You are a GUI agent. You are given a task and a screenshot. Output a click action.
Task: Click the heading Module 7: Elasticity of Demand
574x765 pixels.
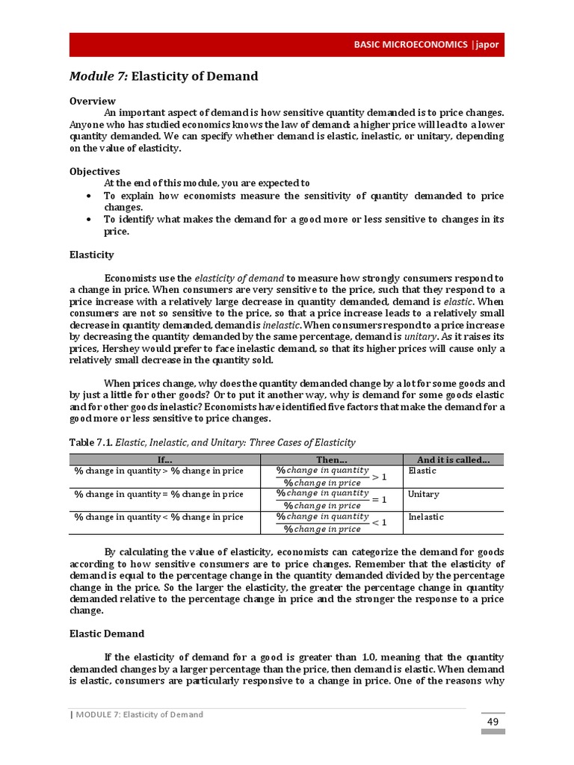(164, 76)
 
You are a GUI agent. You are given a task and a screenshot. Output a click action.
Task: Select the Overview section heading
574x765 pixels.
(93, 101)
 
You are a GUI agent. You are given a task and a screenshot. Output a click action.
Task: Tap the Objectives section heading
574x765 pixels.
(95, 171)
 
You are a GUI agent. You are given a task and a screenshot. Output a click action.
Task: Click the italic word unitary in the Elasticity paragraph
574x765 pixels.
(419, 337)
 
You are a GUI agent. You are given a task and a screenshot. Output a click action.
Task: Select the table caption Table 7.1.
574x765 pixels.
(90, 442)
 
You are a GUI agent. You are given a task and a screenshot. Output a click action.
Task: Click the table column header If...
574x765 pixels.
(164, 459)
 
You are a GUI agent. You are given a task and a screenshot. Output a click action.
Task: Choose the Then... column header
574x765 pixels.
(331, 459)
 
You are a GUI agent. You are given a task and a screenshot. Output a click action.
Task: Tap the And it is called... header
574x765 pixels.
(453, 459)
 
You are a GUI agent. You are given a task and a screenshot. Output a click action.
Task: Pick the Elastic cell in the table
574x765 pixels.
(422, 471)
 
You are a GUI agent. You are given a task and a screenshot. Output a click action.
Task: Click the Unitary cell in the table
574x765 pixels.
(424, 495)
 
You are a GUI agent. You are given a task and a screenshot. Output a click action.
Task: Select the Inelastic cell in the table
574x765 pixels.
(426, 517)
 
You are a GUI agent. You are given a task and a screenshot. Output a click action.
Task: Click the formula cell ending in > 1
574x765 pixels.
(331, 477)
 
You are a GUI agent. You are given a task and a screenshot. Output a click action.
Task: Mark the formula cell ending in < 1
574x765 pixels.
(331, 522)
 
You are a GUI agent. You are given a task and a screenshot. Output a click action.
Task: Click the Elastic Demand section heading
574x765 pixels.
(107, 634)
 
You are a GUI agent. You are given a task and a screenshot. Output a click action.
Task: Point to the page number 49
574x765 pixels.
(493, 722)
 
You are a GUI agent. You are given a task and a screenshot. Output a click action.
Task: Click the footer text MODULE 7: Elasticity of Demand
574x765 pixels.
(138, 714)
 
